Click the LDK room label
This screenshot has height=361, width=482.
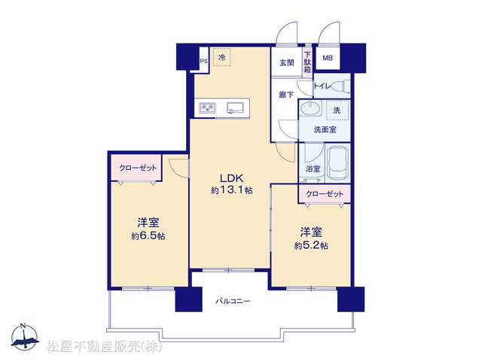coord(231,178)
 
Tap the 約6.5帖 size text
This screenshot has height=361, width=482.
coord(148,236)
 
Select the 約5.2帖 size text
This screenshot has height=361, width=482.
coord(311,246)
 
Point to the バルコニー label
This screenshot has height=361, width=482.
coord(233,301)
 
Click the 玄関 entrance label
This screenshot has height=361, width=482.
coord(287,62)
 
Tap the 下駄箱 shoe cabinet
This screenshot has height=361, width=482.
coord(307,62)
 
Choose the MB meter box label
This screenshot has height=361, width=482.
coord(328,58)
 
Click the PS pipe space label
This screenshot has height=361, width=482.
coord(204,61)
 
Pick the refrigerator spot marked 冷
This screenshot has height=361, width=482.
coord(221,57)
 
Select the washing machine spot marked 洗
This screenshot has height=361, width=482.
coord(337,111)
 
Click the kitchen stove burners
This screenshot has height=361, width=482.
coord(208,108)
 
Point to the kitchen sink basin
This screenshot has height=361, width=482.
coord(235,108)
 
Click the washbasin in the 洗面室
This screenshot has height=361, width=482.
coord(310,108)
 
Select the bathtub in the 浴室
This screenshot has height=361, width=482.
coord(338,164)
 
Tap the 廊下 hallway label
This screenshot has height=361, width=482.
coord(286,95)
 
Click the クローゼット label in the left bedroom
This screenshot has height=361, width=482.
coord(138,168)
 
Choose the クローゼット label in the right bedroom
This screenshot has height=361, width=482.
coord(325,194)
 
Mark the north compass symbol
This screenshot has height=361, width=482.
coord(25,336)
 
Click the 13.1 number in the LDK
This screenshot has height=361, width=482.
coord(231,190)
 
